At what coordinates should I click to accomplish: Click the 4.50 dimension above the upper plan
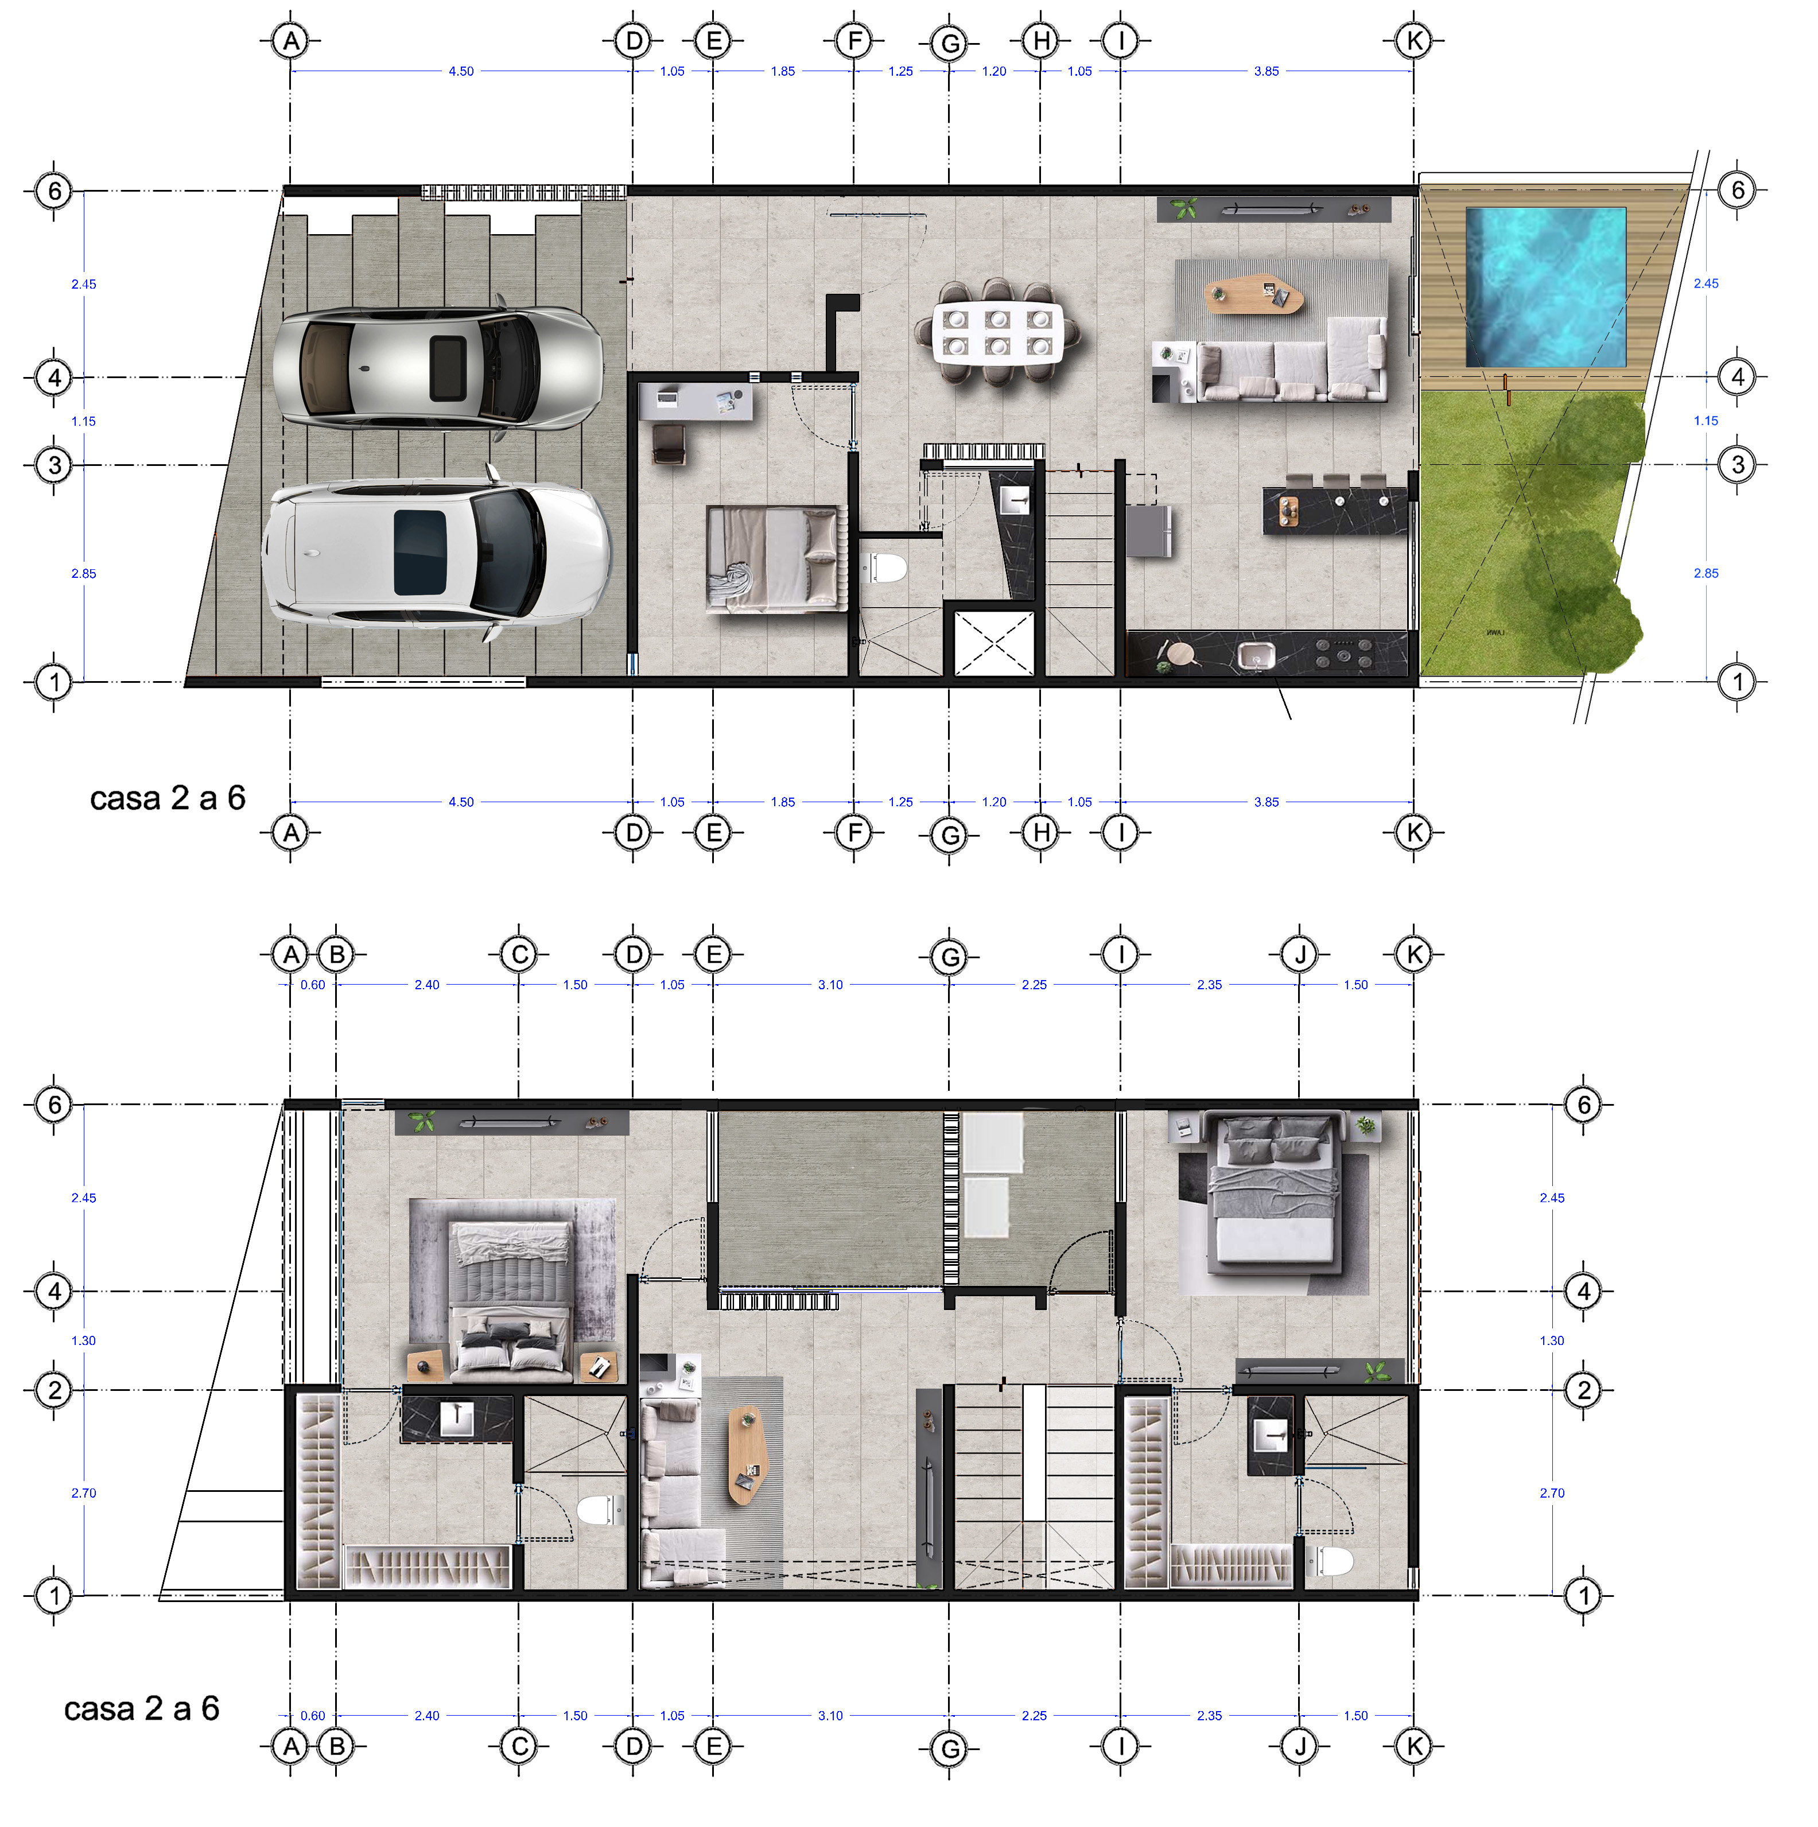pos(461,71)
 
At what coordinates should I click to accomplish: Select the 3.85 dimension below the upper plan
pos(1267,802)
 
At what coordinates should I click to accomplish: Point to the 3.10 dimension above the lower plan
pos(830,985)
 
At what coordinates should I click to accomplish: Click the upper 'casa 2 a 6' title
pos(168,798)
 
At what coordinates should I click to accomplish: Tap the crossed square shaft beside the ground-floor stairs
pos(993,643)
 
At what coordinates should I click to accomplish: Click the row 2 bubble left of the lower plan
pos(54,1390)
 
